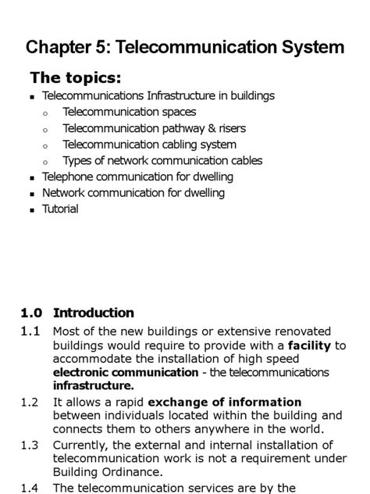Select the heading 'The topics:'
pos(76,78)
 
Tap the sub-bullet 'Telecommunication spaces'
pos(129,112)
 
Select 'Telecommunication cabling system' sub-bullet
pos(149,145)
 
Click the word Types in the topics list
pos(78,161)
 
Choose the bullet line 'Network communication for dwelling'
pos(133,193)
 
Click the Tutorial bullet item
pos(60,209)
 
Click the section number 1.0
pos(31,313)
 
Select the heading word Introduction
pos(94,313)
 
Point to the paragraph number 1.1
pos(30,331)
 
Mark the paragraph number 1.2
pos(30,403)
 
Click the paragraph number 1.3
pos(30,445)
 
